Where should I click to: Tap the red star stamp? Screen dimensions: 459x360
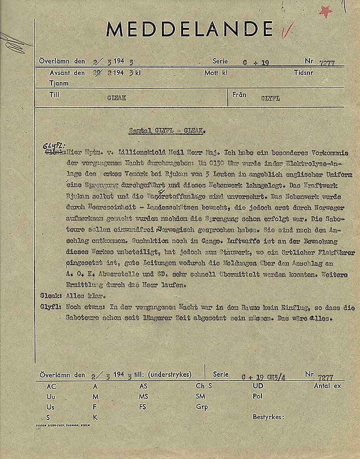click(x=326, y=11)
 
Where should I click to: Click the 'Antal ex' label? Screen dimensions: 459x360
click(x=327, y=385)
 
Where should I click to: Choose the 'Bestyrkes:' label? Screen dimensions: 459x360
click(x=268, y=417)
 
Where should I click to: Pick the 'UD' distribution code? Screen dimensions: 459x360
click(x=258, y=386)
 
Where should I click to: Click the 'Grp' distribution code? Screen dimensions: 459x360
click(x=201, y=406)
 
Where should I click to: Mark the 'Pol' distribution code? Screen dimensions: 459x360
click(x=257, y=396)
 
